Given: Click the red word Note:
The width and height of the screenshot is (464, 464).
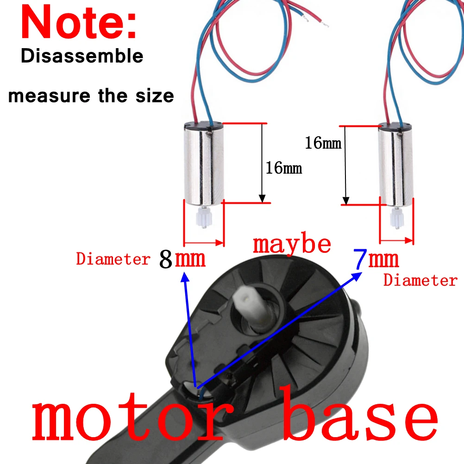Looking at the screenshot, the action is (x=79, y=23).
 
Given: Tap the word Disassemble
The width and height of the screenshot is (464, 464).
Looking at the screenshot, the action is (x=82, y=56).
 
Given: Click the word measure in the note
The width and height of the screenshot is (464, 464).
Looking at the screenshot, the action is (x=49, y=96).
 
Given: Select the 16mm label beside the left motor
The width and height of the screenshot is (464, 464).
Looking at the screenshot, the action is (x=284, y=168).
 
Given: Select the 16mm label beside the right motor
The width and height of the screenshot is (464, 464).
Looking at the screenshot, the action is (x=323, y=143).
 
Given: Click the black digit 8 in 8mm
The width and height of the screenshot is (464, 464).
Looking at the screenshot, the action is (x=166, y=259).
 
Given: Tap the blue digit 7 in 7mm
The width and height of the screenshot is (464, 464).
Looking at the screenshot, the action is (x=360, y=259).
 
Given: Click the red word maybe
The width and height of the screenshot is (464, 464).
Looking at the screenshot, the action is (x=292, y=245).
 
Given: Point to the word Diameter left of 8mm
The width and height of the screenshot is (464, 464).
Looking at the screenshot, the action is (x=113, y=259).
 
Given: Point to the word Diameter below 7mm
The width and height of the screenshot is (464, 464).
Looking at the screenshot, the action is (x=420, y=280).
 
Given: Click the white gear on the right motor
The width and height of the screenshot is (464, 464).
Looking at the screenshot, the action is (x=396, y=218).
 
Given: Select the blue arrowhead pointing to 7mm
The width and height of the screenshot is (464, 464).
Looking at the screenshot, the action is (x=356, y=276).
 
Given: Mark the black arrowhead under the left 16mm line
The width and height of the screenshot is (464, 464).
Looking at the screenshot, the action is (x=262, y=199).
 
